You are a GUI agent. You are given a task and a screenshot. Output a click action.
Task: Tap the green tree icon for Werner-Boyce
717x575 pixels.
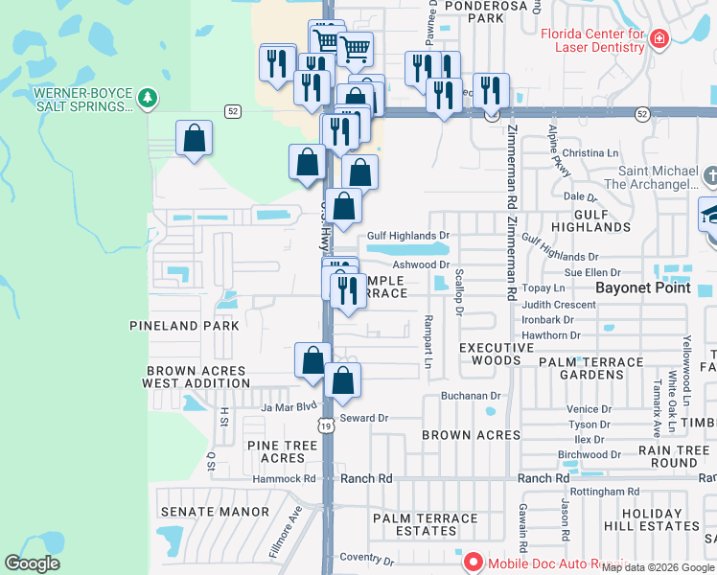147,97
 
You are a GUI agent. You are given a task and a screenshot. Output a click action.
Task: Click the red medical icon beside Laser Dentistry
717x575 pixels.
659,39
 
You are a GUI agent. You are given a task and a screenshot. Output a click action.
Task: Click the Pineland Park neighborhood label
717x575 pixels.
177,326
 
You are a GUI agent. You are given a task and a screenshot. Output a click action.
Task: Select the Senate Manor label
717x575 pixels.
215,512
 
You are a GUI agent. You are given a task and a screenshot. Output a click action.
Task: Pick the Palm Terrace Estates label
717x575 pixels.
425,525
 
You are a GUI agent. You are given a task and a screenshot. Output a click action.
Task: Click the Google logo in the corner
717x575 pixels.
32,563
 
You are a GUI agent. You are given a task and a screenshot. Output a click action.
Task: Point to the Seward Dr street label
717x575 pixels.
365,418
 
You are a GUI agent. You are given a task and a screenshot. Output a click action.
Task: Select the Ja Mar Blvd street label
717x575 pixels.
288,407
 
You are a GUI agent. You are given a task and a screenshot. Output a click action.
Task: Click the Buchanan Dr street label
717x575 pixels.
472,395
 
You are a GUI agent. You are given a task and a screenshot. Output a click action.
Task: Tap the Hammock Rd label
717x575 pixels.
284,478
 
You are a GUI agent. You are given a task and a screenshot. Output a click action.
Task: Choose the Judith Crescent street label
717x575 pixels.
559,304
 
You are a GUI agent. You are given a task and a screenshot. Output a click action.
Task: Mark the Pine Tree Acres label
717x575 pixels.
282,451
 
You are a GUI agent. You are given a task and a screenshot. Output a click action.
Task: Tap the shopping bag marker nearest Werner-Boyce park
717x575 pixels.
194,140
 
